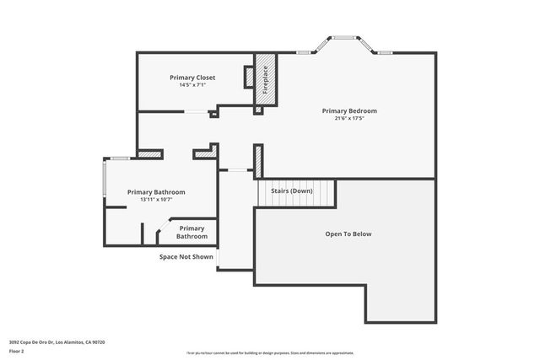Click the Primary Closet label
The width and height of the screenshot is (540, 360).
click(192, 78)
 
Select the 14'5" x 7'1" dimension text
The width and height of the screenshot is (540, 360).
click(192, 85)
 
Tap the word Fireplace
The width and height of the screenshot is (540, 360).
click(265, 79)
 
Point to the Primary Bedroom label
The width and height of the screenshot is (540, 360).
click(349, 110)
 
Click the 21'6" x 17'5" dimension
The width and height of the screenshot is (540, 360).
click(349, 119)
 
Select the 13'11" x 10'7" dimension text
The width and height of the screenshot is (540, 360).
click(156, 200)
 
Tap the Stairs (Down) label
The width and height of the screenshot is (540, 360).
click(292, 191)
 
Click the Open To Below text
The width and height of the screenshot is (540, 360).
click(348, 234)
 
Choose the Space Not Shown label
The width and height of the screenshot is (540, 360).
click(186, 256)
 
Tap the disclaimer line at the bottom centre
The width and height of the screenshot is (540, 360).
click(270, 353)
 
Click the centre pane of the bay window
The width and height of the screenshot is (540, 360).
click(343, 37)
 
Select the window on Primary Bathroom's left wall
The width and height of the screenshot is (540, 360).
click(105, 179)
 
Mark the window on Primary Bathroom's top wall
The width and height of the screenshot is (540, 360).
click(119, 158)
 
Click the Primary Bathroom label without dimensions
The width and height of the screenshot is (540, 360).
click(192, 232)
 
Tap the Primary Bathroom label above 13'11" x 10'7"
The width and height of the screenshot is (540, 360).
click(156, 192)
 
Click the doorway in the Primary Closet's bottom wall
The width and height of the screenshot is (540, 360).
click(196, 111)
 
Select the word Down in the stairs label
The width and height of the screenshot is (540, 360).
click(303, 191)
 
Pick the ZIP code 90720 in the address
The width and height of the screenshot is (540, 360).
click(100, 342)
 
